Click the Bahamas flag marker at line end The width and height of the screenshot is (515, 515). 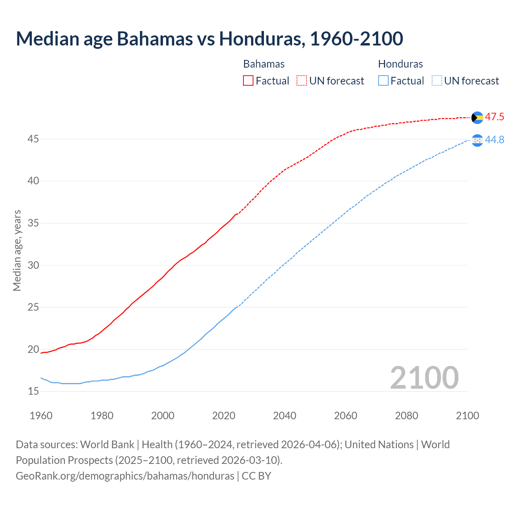click(x=477, y=117)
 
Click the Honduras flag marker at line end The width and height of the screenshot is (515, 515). click(x=477, y=140)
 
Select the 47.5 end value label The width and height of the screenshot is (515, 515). click(x=494, y=117)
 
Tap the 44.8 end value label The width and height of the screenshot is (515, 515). click(x=494, y=140)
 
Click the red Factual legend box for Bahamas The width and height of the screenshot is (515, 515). click(x=248, y=81)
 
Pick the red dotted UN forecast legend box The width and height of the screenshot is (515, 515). click(x=302, y=81)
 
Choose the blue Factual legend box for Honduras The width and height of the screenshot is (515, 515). click(x=383, y=81)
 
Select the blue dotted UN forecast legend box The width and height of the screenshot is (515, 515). click(x=437, y=81)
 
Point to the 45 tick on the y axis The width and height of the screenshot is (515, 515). click(x=33, y=139)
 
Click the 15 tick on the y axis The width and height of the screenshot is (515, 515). click(x=33, y=391)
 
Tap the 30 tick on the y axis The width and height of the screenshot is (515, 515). click(x=33, y=265)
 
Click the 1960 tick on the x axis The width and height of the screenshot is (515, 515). click(x=41, y=416)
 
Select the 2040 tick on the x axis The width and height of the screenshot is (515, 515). click(x=284, y=416)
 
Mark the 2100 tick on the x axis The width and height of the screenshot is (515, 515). click(x=468, y=416)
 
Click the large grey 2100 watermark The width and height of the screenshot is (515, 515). click(x=424, y=378)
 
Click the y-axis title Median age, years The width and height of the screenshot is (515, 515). click(x=17, y=250)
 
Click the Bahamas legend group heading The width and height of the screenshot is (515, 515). click(x=264, y=64)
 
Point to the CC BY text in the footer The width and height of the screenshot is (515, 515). click(x=256, y=476)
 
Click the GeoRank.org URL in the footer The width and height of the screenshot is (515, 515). click(x=125, y=476)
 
